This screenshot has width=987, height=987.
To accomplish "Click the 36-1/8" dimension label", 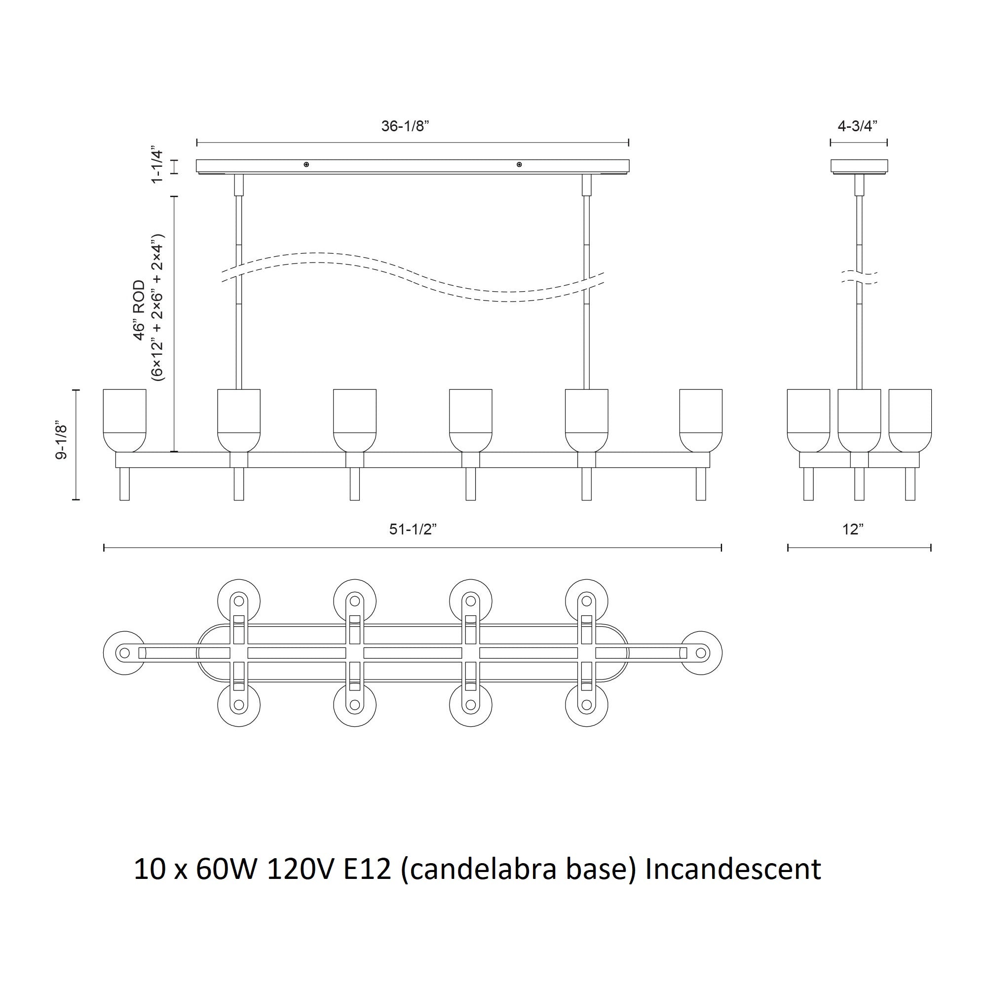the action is [405, 126].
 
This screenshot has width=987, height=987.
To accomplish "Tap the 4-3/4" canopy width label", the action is [858, 126].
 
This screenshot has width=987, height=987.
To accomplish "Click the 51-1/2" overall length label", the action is [413, 529].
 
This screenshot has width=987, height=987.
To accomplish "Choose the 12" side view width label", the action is [853, 529].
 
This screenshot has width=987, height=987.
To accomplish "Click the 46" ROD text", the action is [139, 310].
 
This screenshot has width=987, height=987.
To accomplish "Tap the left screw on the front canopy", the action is [306, 164].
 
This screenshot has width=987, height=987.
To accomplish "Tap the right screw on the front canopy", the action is [519, 164].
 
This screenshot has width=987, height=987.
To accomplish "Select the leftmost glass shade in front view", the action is [125, 420].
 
